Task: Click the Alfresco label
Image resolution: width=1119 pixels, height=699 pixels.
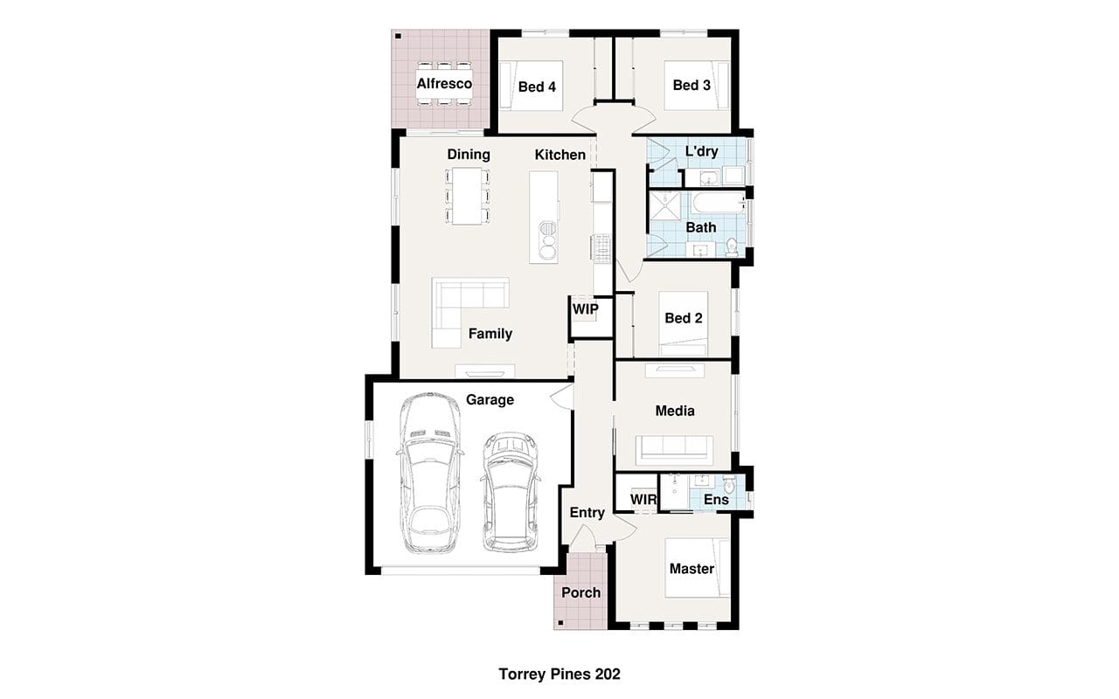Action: pos(444,83)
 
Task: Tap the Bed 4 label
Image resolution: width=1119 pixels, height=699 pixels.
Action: pos(537,87)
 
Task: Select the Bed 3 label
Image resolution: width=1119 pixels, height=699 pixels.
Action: pos(692,86)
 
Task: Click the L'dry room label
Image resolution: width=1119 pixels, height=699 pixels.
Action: pos(701,151)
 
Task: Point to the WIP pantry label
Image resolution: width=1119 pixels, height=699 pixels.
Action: pos(585,309)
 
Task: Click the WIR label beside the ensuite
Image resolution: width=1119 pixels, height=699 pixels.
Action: pos(643,499)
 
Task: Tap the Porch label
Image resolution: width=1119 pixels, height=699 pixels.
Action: pos(581,592)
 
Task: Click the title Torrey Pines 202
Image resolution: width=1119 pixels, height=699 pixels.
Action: pos(559,674)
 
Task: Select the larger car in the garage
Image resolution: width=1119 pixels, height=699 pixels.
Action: pos(430,474)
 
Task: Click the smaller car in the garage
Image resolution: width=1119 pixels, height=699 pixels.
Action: pos(510,492)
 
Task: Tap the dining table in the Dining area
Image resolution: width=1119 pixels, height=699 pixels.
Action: pos(467,196)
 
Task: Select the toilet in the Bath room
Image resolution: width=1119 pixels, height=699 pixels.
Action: pos(732,247)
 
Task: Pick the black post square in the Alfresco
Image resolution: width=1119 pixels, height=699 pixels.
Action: pos(398,36)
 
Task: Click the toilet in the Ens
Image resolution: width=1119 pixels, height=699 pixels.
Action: pos(729,484)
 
